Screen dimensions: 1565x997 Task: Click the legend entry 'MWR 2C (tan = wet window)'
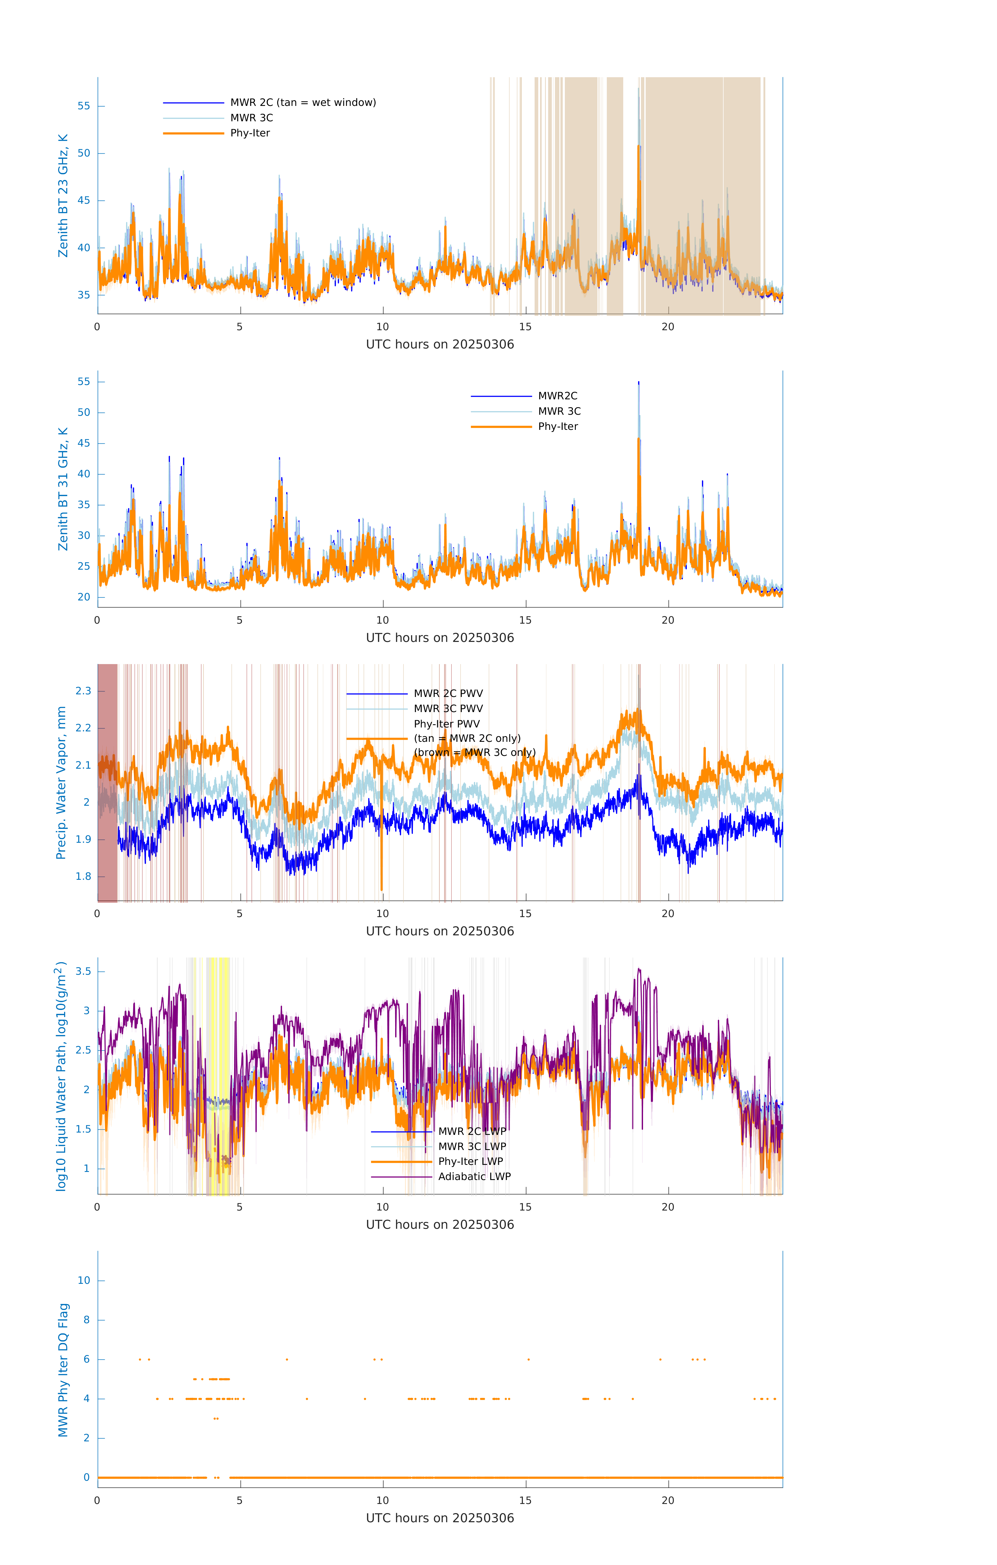303,103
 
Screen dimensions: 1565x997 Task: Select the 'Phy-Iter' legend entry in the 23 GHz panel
250,133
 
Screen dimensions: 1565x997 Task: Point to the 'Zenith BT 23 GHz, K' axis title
63,196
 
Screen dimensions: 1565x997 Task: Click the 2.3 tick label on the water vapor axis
83,691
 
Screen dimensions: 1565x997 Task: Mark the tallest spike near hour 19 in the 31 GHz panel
638,383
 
